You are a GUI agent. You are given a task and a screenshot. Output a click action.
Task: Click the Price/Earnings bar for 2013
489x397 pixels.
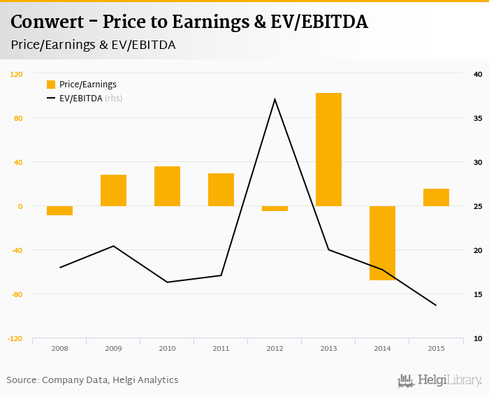coord(328,150)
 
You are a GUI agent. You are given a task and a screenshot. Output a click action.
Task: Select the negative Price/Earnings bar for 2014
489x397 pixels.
coord(382,243)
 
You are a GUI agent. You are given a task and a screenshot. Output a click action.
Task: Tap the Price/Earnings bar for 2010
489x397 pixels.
coord(167,187)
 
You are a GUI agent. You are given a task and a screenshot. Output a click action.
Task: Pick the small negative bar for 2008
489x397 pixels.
coord(59,210)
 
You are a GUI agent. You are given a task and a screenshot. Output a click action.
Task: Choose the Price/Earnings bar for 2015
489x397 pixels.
coord(436,198)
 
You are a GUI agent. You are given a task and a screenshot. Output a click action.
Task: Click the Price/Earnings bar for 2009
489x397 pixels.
coord(113,191)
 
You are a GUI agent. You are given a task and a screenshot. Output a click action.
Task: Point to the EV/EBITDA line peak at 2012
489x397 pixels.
coord(275,99)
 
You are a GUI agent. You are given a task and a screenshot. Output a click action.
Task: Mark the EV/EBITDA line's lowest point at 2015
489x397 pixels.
coord(436,305)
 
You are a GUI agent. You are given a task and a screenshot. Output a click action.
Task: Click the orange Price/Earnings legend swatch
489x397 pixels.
coord(51,85)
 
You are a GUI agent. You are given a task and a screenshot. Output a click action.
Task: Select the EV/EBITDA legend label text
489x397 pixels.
coord(80,99)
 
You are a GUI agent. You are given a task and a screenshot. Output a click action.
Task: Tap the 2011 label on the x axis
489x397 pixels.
coord(221,348)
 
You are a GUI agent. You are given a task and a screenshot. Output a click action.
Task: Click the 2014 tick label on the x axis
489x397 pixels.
coord(382,348)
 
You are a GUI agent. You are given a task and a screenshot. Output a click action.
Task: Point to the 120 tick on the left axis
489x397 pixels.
coord(16,73)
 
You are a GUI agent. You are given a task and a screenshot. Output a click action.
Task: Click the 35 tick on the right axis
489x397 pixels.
coord(478,118)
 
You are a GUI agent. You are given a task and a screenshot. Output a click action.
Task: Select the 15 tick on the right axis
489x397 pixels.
coord(478,294)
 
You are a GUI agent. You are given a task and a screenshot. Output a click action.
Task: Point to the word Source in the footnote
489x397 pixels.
coord(22,380)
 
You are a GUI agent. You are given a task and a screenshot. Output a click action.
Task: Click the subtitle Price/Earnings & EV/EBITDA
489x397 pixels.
coord(93,45)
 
